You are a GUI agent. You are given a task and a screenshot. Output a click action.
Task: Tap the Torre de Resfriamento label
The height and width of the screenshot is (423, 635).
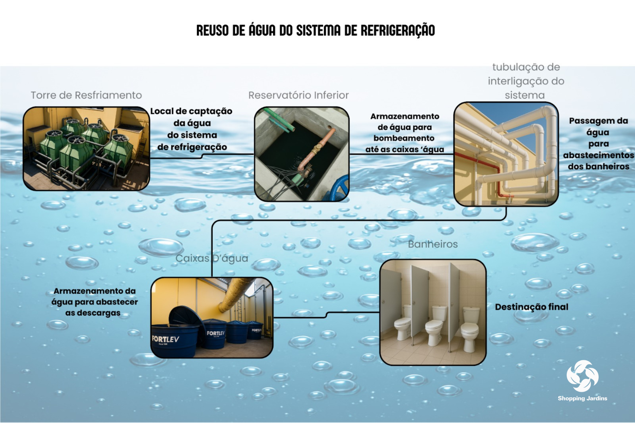(86, 95)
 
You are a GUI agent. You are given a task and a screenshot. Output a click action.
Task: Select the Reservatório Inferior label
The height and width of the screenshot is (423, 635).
(298, 95)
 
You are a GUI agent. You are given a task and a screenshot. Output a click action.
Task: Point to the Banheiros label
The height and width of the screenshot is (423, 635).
(433, 244)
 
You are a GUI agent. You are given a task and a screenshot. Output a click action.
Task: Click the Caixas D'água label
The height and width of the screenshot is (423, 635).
(212, 258)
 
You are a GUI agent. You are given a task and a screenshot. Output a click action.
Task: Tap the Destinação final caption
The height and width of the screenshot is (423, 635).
(531, 307)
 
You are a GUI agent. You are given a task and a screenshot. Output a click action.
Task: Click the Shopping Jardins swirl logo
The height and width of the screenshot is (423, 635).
(582, 376)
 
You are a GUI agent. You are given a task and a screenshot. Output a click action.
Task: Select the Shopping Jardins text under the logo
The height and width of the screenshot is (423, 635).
(582, 398)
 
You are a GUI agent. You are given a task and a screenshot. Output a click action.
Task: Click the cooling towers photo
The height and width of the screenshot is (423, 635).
(86, 149)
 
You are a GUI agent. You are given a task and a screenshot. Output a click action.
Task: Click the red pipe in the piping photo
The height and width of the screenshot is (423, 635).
(498, 176)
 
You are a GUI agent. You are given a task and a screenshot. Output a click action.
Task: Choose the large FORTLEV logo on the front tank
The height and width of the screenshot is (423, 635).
(165, 339)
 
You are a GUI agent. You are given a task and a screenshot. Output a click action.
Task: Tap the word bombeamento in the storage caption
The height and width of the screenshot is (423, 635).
(404, 138)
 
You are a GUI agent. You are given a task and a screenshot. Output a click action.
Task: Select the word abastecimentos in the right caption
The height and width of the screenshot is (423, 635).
(598, 155)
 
